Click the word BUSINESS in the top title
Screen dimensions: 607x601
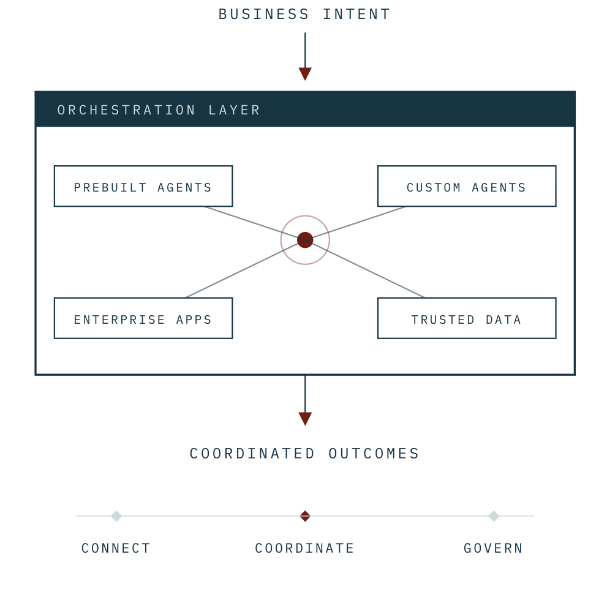[x=263, y=14]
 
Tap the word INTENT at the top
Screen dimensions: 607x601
[x=356, y=14]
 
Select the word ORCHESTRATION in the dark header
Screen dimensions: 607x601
[x=126, y=110]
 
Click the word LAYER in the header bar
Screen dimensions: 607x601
[x=234, y=110]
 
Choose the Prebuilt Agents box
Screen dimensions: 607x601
[x=143, y=186]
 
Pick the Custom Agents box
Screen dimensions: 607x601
[x=467, y=186]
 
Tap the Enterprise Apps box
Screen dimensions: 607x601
[x=143, y=318]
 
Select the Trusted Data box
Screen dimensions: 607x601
[x=467, y=318]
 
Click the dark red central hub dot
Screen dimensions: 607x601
[x=305, y=240]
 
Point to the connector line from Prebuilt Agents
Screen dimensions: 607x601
[x=255, y=223]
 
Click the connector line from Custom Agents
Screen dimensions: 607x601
[x=355, y=223]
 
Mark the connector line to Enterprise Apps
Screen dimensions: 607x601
[x=245, y=269]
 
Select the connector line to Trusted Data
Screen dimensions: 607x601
[x=365, y=269]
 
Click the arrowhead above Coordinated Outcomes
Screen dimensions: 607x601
[x=305, y=419]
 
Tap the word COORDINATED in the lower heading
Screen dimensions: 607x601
[x=252, y=454]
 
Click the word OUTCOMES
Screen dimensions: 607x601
[x=374, y=454]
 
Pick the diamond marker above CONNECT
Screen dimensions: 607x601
[x=116, y=516]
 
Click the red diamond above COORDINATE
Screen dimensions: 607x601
[x=305, y=516]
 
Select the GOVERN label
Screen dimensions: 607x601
[x=493, y=548]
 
